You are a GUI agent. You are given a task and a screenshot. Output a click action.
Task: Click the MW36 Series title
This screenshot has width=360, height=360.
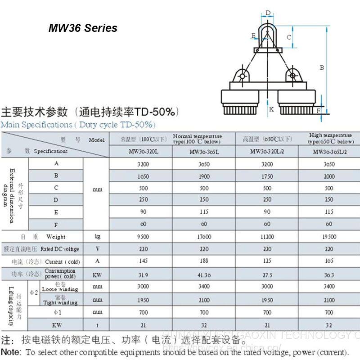pos(83,28)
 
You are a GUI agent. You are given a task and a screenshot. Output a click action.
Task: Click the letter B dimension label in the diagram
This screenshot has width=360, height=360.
pos(322,68)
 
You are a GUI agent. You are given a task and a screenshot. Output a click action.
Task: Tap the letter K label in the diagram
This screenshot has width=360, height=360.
pos(271,109)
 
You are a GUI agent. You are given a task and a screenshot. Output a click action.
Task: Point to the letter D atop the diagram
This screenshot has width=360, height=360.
pos(268,13)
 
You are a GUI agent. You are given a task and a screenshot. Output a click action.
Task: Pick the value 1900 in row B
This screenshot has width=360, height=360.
pos(205,176)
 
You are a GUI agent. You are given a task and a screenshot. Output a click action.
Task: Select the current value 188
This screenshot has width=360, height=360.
pos(205,261)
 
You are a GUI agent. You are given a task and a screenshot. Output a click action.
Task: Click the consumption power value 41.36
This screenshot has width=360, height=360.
pos(205,274)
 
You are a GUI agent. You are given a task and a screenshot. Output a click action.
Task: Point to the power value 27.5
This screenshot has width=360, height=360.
pos(267,274)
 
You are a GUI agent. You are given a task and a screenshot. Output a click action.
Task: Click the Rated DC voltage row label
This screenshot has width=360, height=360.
pos(60,249)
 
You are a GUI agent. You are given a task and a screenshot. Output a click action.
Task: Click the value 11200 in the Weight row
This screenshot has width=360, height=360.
pos(267,237)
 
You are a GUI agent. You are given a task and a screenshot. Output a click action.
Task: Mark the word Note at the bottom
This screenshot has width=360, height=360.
pos(11,351)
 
